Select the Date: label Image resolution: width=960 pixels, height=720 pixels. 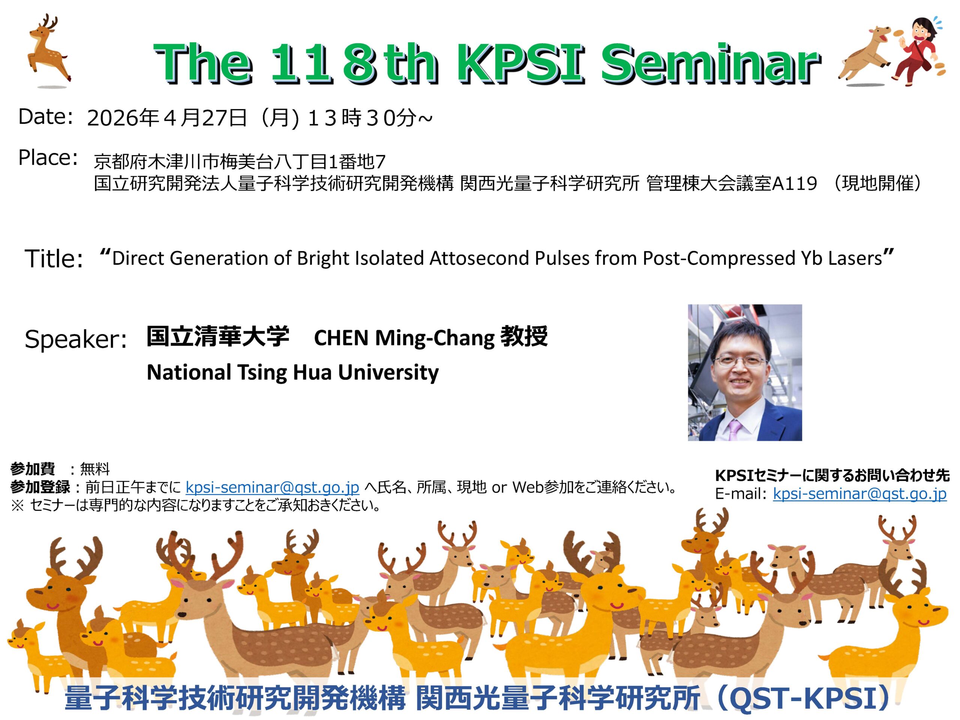pos(45,117)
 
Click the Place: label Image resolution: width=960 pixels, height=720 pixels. pos(48,157)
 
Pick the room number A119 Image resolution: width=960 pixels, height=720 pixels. pos(794,184)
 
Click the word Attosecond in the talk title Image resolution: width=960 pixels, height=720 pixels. pos(478,258)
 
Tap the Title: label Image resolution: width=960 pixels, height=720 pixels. pos(53,259)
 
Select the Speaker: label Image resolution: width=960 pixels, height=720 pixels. pos(75,339)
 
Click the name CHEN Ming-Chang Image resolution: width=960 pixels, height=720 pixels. pos(404,338)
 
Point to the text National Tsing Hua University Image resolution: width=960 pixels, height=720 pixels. pos(292,373)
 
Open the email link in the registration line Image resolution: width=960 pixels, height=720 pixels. pos(272,487)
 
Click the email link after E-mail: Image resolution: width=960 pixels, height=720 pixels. pos(860,494)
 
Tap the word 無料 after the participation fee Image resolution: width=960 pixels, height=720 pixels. pos(95,469)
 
